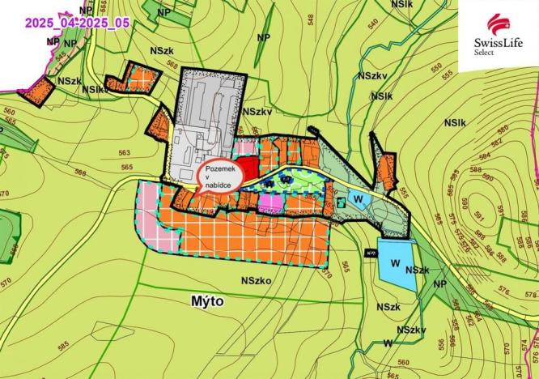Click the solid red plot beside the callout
250,170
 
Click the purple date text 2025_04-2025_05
78,23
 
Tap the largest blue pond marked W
395,264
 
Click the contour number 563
125,152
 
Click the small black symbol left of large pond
371,254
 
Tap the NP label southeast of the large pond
439,283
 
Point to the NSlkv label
93,89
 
